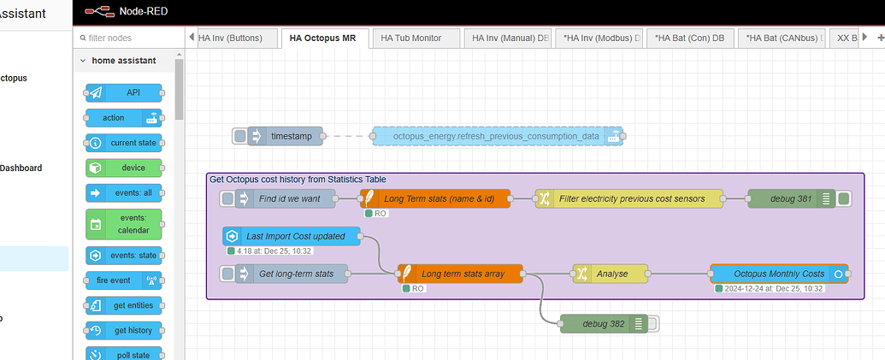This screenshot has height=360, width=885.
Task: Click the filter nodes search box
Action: click(x=128, y=38)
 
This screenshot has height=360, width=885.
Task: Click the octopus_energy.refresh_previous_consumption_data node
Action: click(x=495, y=136)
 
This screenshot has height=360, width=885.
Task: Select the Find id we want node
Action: click(x=289, y=198)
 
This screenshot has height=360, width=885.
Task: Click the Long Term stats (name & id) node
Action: click(x=439, y=198)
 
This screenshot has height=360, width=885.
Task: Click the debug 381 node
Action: click(x=791, y=198)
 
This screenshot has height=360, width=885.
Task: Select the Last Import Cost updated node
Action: click(x=295, y=236)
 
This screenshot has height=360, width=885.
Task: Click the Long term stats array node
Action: click(x=462, y=274)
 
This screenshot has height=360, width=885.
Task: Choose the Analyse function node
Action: click(x=611, y=274)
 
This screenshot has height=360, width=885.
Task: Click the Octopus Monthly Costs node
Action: click(x=778, y=274)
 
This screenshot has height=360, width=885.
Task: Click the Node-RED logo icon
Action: click(x=98, y=12)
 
